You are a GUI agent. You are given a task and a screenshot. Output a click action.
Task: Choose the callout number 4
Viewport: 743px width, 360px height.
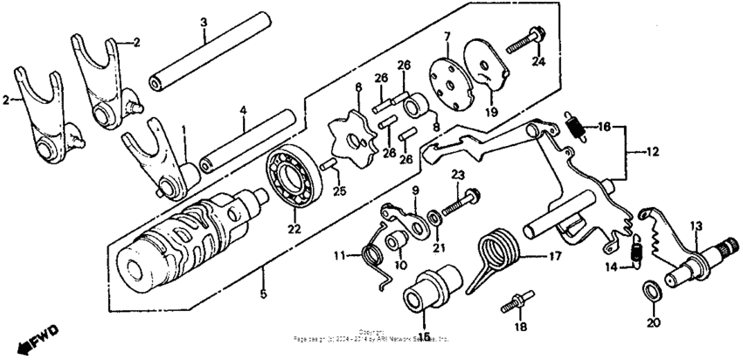244,112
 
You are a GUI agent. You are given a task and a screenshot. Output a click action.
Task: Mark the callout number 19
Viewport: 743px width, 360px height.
491,112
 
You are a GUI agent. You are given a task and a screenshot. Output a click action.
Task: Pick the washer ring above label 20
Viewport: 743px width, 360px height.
651,290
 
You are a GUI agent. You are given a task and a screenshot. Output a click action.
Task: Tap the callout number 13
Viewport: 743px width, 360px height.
696,227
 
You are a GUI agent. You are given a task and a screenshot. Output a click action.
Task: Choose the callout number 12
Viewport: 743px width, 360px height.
654,150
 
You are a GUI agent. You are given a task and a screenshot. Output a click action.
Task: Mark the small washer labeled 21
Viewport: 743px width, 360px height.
434,218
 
